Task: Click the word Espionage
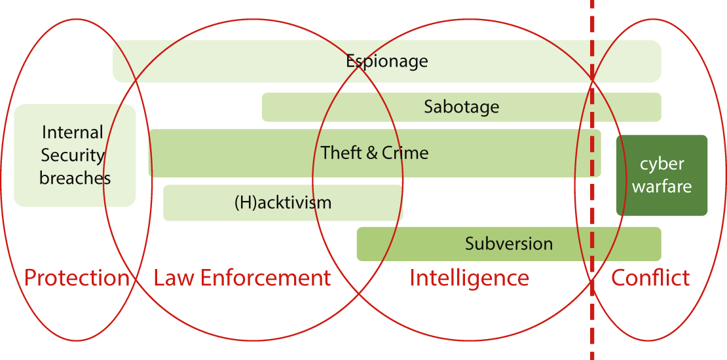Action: click(386, 62)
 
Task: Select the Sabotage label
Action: click(461, 107)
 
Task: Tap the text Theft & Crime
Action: click(375, 153)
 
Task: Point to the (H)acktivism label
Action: click(283, 202)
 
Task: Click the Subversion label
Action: click(509, 244)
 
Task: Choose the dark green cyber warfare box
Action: click(662, 175)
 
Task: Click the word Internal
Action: click(73, 133)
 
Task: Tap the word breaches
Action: click(75, 177)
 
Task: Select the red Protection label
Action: click(77, 278)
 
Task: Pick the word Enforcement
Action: click(265, 278)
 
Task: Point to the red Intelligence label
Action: click(469, 278)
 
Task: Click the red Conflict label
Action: click(650, 278)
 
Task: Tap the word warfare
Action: click(662, 187)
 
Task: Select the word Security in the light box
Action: click(73, 156)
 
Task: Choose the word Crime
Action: click(405, 153)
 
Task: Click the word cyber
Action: click(662, 164)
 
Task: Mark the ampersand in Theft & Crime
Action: click(371, 153)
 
